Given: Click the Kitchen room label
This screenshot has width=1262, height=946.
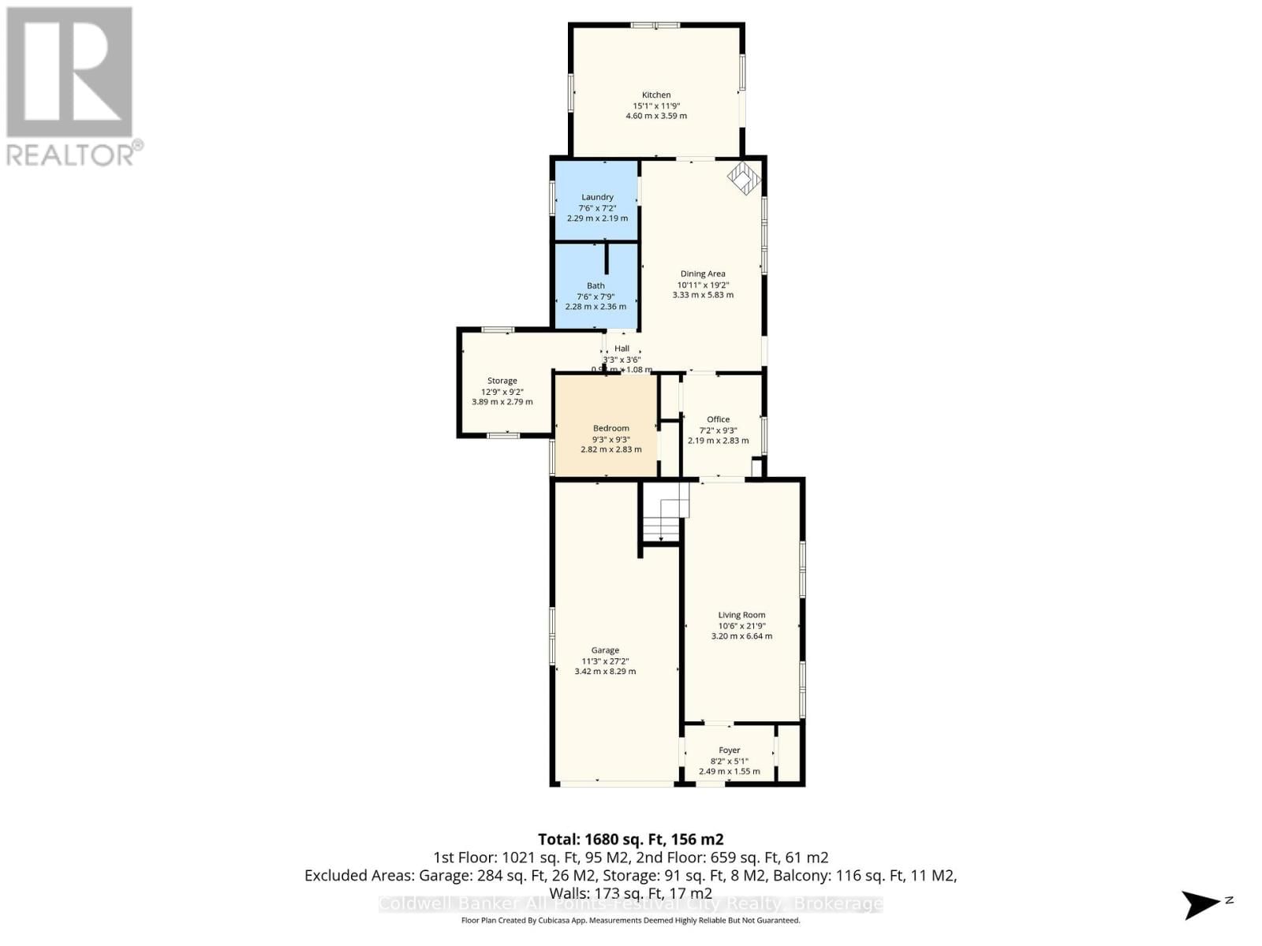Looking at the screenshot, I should [655, 95].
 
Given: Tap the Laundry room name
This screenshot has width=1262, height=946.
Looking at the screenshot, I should [597, 197].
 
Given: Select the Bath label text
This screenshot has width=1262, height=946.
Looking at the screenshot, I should [596, 286].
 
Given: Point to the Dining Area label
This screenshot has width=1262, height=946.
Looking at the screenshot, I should [703, 274].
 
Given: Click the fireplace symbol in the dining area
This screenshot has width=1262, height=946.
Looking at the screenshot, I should [743, 178].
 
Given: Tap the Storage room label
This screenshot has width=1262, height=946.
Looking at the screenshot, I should [502, 381].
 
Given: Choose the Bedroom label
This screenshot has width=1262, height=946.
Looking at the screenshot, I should [611, 429].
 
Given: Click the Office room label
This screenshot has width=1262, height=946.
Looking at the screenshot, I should [718, 419].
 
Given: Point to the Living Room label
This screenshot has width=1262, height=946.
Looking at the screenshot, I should [741, 615].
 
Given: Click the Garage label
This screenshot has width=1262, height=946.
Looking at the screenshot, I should [605, 650].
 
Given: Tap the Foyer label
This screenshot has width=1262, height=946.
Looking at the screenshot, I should [729, 750].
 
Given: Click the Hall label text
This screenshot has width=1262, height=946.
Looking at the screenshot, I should [622, 348].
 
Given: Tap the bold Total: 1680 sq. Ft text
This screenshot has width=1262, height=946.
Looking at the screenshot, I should [630, 840].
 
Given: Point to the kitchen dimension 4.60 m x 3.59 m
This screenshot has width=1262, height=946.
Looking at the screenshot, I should [655, 116].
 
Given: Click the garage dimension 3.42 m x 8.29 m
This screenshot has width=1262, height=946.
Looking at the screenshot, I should [605, 672].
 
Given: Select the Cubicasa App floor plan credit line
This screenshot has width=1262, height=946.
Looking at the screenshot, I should [630, 921].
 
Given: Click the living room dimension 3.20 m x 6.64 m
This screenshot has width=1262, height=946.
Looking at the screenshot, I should [741, 636].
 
